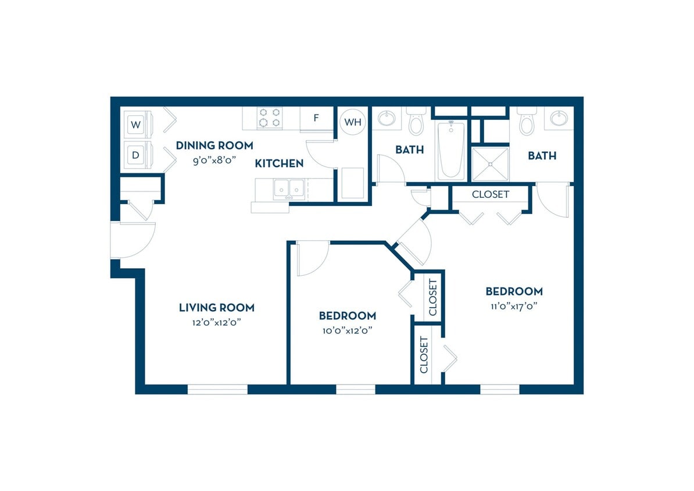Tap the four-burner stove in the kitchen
click(x=270, y=118)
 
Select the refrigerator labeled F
click(x=316, y=118)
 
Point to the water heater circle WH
click(x=353, y=122)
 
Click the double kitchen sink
click(x=289, y=188)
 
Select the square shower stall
click(x=490, y=165)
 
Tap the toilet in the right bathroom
click(x=527, y=122)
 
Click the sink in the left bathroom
click(x=387, y=119)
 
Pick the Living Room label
click(x=216, y=307)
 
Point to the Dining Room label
click(x=214, y=145)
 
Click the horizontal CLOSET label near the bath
click(x=490, y=194)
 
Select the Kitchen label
click(x=279, y=163)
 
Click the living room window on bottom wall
click(x=217, y=389)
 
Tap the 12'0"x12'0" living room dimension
click(x=216, y=322)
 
